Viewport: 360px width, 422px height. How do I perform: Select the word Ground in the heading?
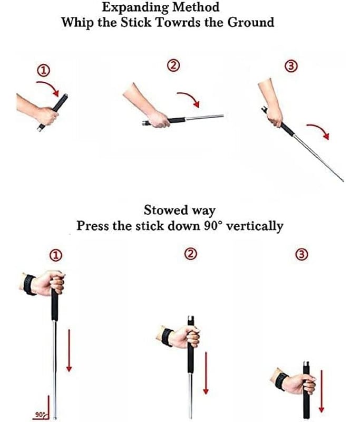tap(251, 22)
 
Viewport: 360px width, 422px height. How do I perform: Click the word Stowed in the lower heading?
tap(166, 210)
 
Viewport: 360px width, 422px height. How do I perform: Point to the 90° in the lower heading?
tap(213, 226)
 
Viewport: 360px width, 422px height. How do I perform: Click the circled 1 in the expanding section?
tap(43, 71)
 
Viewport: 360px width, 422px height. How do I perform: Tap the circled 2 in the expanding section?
tap(174, 65)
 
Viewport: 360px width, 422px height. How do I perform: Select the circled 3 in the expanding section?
tap(291, 66)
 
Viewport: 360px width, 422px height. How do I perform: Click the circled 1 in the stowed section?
tap(56, 255)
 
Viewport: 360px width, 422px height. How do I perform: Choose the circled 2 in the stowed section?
tap(190, 254)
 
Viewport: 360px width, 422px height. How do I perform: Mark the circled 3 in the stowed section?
tap(301, 255)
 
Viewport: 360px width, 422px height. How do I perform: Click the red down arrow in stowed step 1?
tap(69, 350)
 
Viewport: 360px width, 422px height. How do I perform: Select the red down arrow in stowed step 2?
tap(206, 373)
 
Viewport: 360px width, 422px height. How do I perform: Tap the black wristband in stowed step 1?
tap(29, 285)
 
